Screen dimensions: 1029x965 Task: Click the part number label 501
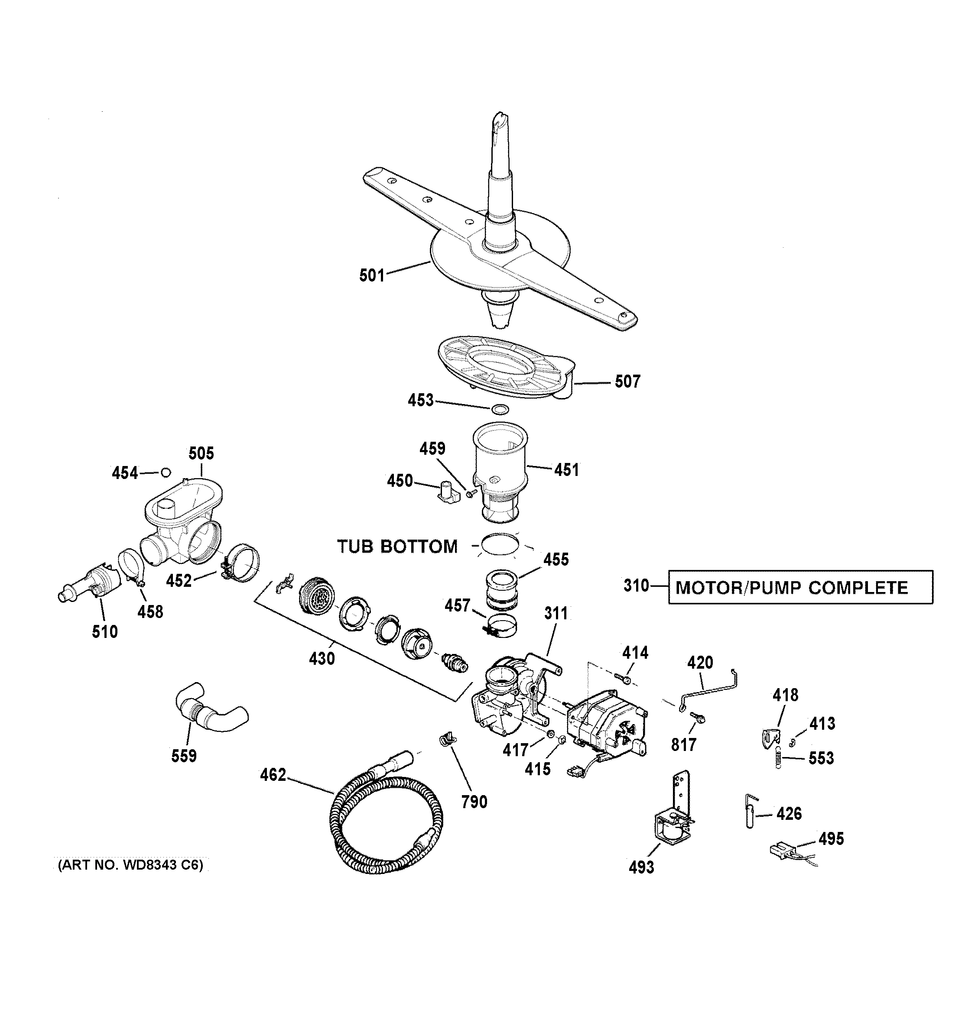click(x=371, y=275)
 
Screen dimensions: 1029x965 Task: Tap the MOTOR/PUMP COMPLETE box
click(x=800, y=587)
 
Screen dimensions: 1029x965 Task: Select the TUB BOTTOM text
click(x=397, y=546)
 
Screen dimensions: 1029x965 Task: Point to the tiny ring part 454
click(x=166, y=472)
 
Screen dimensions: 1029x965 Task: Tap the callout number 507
click(x=627, y=382)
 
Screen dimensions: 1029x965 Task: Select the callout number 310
click(x=636, y=586)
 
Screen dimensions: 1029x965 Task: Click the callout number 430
click(x=322, y=658)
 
